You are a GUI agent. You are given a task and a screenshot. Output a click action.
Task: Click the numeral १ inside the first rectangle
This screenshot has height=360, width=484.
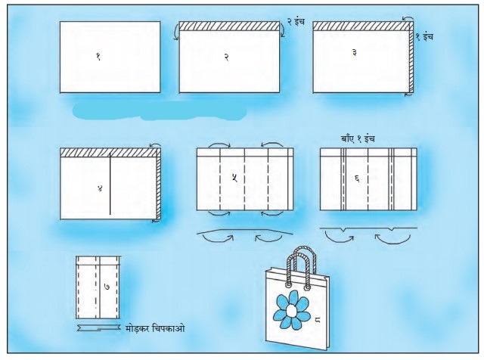pyautogui.click(x=98, y=56)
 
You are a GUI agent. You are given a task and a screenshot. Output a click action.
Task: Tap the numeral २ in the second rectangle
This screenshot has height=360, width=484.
pyautogui.click(x=226, y=57)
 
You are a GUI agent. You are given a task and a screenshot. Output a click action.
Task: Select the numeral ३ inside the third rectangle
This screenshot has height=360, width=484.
pyautogui.click(x=355, y=52)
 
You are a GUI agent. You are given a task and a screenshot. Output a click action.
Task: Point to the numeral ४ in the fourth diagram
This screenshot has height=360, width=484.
pyautogui.click(x=100, y=188)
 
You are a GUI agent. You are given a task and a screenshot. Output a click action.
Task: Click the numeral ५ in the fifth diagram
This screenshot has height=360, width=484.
pyautogui.click(x=234, y=178)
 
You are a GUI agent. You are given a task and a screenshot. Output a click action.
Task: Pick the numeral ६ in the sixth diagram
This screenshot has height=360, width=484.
pyautogui.click(x=357, y=178)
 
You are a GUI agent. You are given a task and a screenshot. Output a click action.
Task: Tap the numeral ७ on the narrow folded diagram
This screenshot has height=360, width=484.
pyautogui.click(x=107, y=287)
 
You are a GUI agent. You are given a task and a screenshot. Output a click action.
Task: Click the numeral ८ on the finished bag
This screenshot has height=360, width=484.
pyautogui.click(x=318, y=320)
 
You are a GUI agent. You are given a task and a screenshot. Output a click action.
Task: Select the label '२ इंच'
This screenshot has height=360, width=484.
pyautogui.click(x=296, y=22)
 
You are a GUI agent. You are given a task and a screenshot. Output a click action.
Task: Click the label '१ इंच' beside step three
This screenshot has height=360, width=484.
pyautogui.click(x=424, y=37)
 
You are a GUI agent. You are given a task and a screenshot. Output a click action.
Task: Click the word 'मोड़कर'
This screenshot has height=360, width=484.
pyautogui.click(x=138, y=328)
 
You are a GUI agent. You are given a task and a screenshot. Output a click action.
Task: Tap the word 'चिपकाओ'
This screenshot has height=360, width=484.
pyautogui.click(x=169, y=328)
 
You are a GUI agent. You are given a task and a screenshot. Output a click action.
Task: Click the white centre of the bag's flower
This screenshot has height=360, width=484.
pyautogui.click(x=291, y=310)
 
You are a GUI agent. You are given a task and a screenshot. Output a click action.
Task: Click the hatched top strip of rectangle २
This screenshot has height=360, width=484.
pyautogui.click(x=229, y=26)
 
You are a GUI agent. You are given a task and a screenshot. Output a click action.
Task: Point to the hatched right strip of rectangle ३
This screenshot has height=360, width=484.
pyautogui.click(x=411, y=61)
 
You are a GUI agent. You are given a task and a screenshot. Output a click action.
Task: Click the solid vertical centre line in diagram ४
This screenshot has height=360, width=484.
pyautogui.click(x=110, y=184)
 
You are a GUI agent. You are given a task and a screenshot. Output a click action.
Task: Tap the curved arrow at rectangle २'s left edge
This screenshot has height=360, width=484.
pyautogui.click(x=176, y=33)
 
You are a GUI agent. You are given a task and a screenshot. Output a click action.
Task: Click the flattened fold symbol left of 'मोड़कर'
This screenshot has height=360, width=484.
pyautogui.click(x=98, y=328)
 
